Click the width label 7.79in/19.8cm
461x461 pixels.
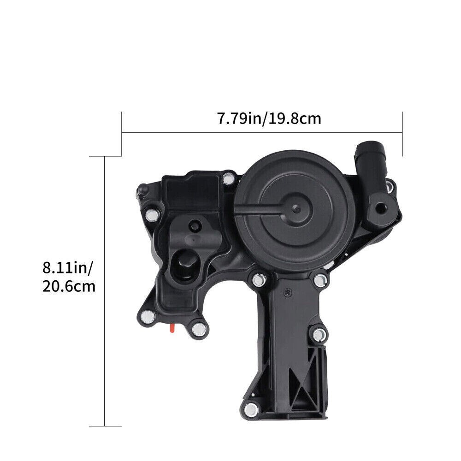pyautogui.click(x=269, y=119)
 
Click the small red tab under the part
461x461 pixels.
pyautogui.click(x=172, y=328)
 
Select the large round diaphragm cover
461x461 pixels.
pyautogui.click(x=295, y=211)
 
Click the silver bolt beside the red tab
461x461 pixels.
pyautogui.click(x=199, y=329)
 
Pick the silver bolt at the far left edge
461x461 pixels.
pyautogui.click(x=152, y=215)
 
